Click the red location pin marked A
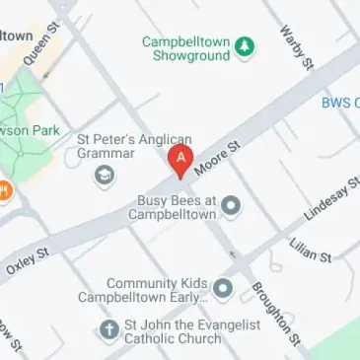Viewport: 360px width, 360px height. (180, 160)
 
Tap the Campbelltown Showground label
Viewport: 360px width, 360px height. (184, 48)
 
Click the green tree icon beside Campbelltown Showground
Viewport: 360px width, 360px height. (245, 44)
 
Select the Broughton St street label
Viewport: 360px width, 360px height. (270, 305)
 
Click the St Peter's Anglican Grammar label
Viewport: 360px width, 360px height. (134, 146)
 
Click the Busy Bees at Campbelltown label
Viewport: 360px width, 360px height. (176, 206)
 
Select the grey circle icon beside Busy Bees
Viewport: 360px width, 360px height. (232, 205)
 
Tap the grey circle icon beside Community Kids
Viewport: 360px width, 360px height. (224, 289)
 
